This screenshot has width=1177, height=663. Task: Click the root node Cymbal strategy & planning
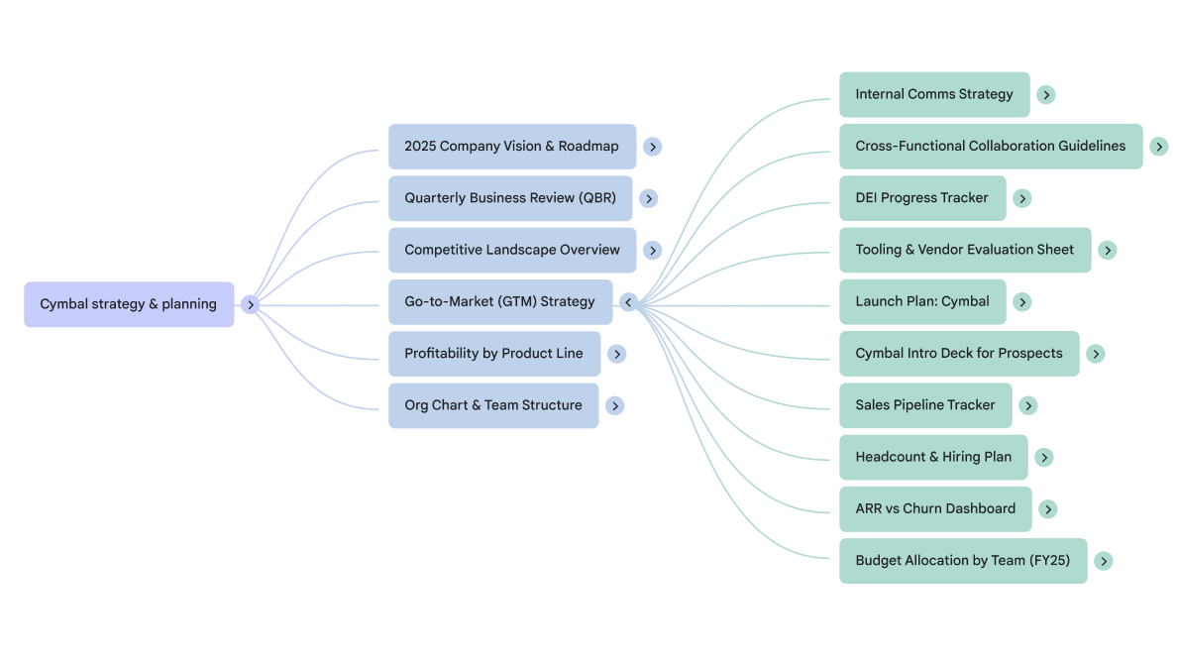click(129, 304)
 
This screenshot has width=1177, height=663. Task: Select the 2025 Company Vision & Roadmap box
click(511, 147)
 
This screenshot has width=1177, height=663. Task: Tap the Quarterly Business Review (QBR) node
click(510, 198)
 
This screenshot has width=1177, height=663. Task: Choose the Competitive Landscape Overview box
click(512, 250)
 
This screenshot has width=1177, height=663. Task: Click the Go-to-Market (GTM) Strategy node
click(499, 301)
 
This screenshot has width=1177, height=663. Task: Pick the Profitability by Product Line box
click(493, 354)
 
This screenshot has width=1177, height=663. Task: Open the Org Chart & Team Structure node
click(492, 405)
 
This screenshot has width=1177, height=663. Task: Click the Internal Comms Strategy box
click(934, 95)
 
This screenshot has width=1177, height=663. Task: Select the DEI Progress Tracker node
click(921, 198)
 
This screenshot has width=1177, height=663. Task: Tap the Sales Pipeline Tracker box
click(925, 405)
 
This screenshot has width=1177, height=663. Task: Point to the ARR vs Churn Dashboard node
click(935, 509)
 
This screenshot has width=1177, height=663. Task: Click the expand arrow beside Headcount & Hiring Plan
click(1044, 458)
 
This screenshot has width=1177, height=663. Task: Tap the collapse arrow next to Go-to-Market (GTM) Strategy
click(628, 302)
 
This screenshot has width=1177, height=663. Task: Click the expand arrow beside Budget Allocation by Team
click(1103, 561)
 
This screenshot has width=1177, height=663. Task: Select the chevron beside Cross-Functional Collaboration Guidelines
click(1159, 147)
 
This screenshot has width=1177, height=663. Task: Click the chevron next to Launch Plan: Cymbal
click(1022, 302)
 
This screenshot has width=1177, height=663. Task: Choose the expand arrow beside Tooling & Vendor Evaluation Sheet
click(1108, 251)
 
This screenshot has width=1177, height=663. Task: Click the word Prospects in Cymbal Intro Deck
click(1030, 354)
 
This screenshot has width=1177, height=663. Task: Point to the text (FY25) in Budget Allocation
click(1050, 561)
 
